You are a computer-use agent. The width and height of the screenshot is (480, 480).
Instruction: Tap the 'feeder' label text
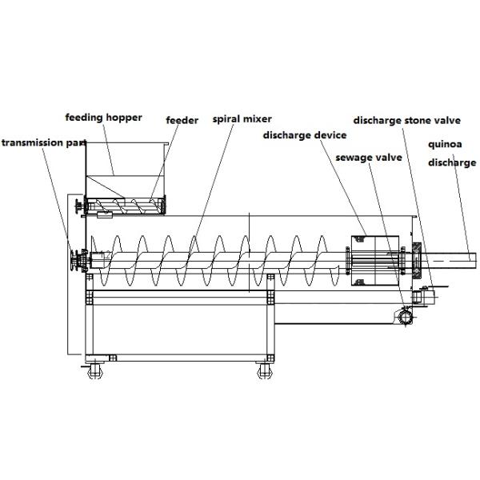pos(182,120)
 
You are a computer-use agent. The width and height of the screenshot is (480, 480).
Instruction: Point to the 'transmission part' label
pos(35,142)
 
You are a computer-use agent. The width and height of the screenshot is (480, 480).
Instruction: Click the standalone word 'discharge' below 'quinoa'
pos(451,162)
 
